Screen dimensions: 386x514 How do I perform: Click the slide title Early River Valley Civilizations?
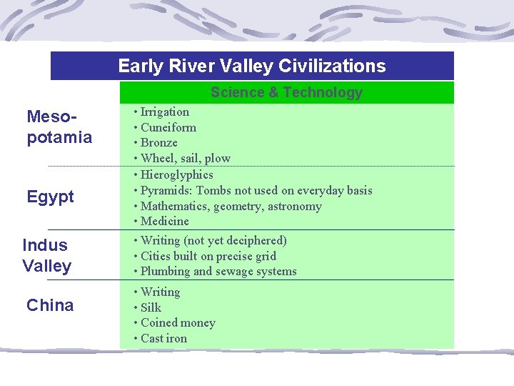[x=251, y=66]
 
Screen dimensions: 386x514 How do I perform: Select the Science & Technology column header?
[x=286, y=92]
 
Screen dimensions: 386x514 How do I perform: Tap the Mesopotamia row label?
[x=59, y=127]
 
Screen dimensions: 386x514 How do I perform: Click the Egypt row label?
[x=50, y=197]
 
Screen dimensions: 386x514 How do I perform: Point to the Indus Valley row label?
[x=46, y=255]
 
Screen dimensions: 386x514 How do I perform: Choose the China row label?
[x=50, y=305]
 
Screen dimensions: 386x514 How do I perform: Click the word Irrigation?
[x=165, y=112]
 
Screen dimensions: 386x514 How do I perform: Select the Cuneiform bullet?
[x=168, y=127]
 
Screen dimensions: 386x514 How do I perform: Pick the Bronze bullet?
[x=159, y=142]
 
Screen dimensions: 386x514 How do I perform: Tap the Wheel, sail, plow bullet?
[x=186, y=158]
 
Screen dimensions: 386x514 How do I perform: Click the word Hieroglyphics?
[x=177, y=174]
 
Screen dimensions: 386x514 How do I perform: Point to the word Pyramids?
[x=166, y=190]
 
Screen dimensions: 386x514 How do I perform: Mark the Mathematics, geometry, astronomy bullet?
[x=231, y=206]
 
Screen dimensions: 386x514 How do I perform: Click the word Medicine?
[x=165, y=221]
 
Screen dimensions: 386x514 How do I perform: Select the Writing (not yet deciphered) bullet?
[x=213, y=240]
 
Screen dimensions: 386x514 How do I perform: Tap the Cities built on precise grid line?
[x=208, y=256]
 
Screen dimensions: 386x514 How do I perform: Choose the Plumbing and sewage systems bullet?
[x=218, y=271]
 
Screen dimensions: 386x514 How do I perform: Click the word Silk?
[x=151, y=307]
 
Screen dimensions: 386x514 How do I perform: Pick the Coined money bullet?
[x=178, y=322]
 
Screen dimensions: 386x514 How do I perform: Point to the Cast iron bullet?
[x=164, y=338]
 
